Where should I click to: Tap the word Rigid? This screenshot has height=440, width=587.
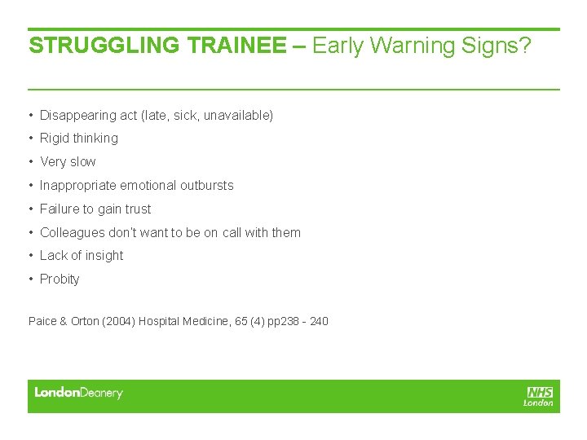54,139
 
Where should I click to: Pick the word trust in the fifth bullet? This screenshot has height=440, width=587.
138,209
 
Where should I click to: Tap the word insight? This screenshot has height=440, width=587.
104,256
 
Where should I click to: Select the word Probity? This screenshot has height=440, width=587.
60,279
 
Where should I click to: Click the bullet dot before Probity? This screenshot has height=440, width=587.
30,279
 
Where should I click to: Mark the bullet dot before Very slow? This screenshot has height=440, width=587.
30,162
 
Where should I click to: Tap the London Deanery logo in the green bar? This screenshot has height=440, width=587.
78,394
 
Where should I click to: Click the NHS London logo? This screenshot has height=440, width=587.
539,396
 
